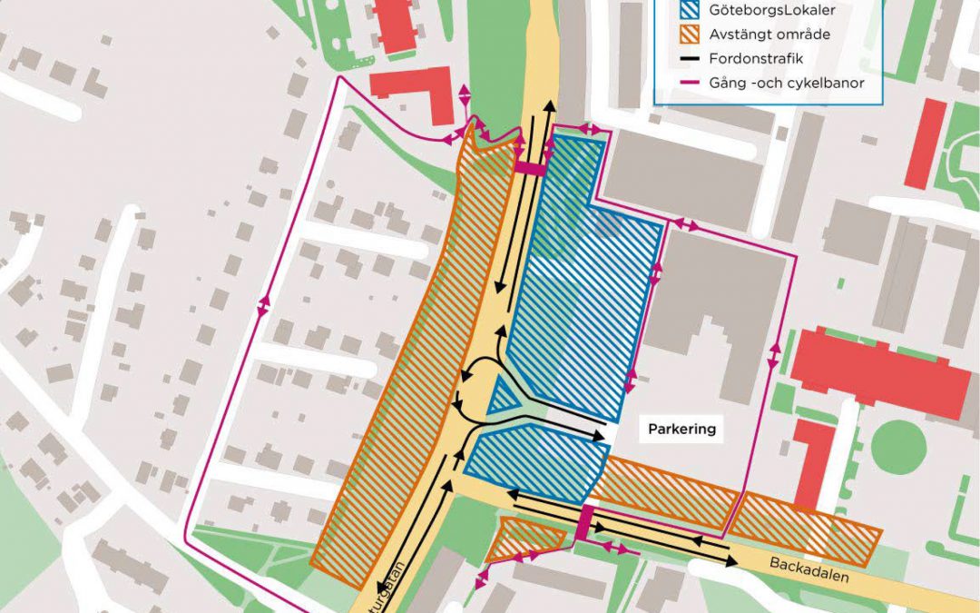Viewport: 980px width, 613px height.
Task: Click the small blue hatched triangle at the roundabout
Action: click(501, 398)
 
